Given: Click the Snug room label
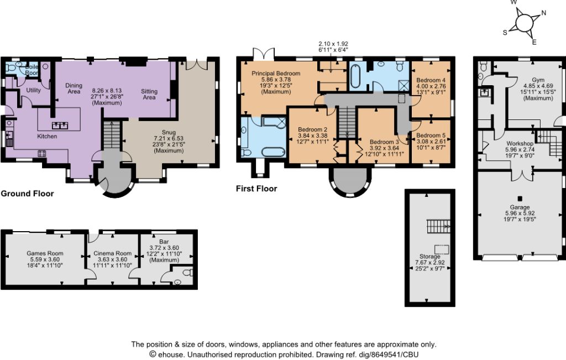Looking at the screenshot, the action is click(x=169, y=133).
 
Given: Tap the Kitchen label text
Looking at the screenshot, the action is click(x=48, y=136).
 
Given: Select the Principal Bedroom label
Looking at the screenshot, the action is click(x=276, y=74).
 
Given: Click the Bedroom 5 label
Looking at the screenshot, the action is click(x=431, y=135).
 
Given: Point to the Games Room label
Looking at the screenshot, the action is click(x=45, y=253).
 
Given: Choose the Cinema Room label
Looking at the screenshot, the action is click(x=112, y=253).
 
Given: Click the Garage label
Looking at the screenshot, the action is click(x=520, y=207).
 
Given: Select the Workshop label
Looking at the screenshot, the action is click(x=520, y=143).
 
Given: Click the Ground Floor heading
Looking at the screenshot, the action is click(x=27, y=194).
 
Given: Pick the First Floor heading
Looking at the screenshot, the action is click(x=256, y=189).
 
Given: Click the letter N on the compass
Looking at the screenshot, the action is click(x=544, y=13).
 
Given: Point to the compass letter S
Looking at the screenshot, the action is click(x=505, y=33).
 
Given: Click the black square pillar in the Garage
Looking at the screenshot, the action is click(x=520, y=199).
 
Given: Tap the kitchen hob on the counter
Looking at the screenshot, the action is click(x=42, y=154).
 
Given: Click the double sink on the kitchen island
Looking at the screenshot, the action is click(x=60, y=126).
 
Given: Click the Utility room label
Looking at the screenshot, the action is click(x=34, y=90).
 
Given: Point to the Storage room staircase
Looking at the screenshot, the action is click(x=438, y=226).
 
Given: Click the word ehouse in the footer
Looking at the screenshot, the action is click(x=170, y=354).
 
